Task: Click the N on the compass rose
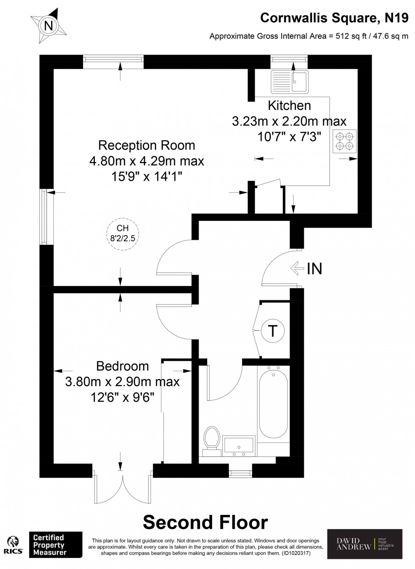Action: click(49, 26)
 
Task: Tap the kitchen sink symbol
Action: click(290, 82)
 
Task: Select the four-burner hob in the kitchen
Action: click(344, 141)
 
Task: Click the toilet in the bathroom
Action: click(212, 441)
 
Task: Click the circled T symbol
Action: click(273, 331)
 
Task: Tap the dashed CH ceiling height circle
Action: click(123, 234)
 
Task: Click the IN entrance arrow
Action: click(297, 268)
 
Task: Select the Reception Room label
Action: click(147, 146)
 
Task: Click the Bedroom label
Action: click(122, 366)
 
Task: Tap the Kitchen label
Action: click(289, 105)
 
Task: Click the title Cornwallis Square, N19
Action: click(335, 18)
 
